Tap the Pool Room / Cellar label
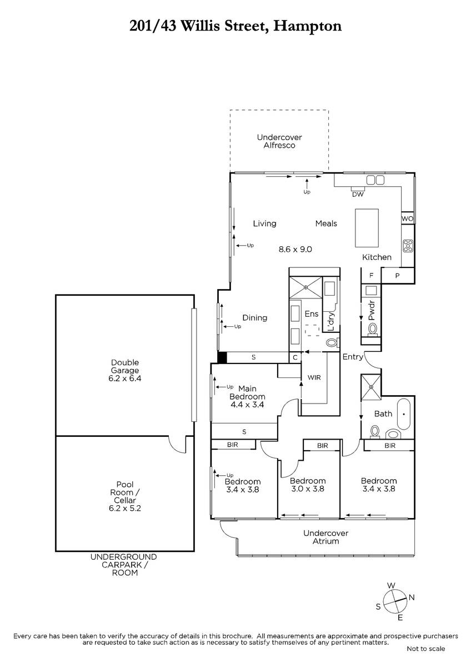pyautogui.click(x=124, y=496)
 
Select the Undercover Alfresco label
pyautogui.click(x=279, y=141)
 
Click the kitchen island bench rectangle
pyautogui.click(x=367, y=228)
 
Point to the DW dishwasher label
pyautogui.click(x=358, y=195)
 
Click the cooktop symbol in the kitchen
pyautogui.click(x=408, y=246)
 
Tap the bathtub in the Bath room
pyautogui.click(x=403, y=414)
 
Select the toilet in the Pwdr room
pyautogui.click(x=372, y=329)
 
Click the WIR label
pyautogui.click(x=314, y=377)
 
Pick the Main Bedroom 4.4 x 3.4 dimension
pyautogui.click(x=247, y=405)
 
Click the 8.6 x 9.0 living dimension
pyautogui.click(x=295, y=249)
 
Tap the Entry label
pyautogui.click(x=353, y=357)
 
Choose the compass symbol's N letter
pyautogui.click(x=412, y=598)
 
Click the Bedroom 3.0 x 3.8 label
pyautogui.click(x=308, y=485)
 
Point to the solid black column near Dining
pyautogui.click(x=222, y=357)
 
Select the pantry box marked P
pyautogui.click(x=398, y=276)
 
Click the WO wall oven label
pyautogui.click(x=407, y=219)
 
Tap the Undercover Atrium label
pyautogui.click(x=325, y=537)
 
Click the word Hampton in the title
pyautogui.click(x=307, y=27)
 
